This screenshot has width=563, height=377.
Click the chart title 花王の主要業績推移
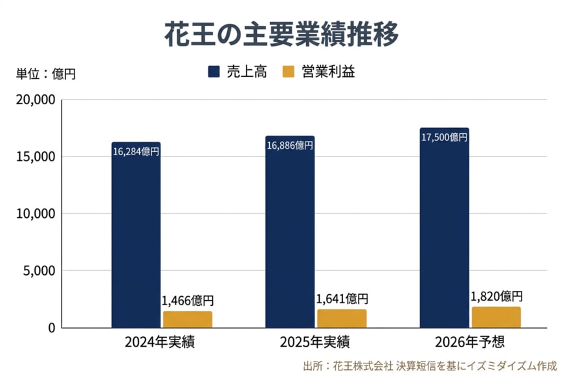pos(281,34)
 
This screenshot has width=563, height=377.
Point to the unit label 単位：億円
pos(45,74)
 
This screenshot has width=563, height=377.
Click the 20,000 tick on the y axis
pos(33,100)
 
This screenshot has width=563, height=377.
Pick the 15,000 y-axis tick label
pos(33,156)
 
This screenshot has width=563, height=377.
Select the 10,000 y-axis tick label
pos(33,213)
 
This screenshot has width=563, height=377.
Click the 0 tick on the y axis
pos(51,327)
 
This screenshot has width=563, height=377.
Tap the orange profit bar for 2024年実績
pos(188,319)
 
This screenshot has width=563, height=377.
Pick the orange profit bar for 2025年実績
pos(342,319)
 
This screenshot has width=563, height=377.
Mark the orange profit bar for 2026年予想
pos(496,318)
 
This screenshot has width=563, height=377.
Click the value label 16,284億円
pos(136,152)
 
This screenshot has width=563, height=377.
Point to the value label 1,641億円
pos(342,299)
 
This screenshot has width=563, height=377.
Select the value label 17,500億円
pos(444,137)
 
